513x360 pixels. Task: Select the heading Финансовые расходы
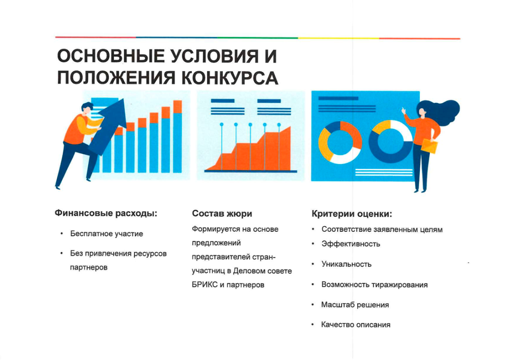pos(106,213)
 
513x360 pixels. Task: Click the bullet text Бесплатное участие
pos(107,234)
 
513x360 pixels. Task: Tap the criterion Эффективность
pos(351,244)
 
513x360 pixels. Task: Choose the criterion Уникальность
pos(346,264)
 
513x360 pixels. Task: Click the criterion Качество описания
pos(356,324)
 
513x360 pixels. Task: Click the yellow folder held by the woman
pos(429,146)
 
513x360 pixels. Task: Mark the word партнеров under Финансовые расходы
pos(89,267)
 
